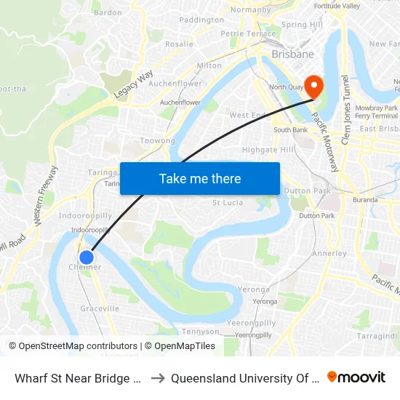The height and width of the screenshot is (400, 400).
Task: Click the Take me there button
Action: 200,178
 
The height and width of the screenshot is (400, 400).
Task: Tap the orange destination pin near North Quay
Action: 314,86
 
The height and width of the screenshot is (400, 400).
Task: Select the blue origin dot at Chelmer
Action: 87,257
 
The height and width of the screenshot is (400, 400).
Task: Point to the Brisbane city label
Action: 292,54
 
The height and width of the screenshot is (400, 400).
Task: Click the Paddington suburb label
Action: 201,20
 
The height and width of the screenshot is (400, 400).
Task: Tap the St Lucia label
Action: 226,203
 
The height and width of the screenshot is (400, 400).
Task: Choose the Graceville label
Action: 100,308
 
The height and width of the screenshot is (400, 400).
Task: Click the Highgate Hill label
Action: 268,150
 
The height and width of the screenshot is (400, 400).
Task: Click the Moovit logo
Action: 356,377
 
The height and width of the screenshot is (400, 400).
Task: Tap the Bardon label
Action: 108,12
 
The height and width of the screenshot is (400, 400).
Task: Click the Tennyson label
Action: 199,331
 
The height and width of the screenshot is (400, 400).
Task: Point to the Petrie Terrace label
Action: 248,33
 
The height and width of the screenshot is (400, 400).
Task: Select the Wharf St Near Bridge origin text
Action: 76,377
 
